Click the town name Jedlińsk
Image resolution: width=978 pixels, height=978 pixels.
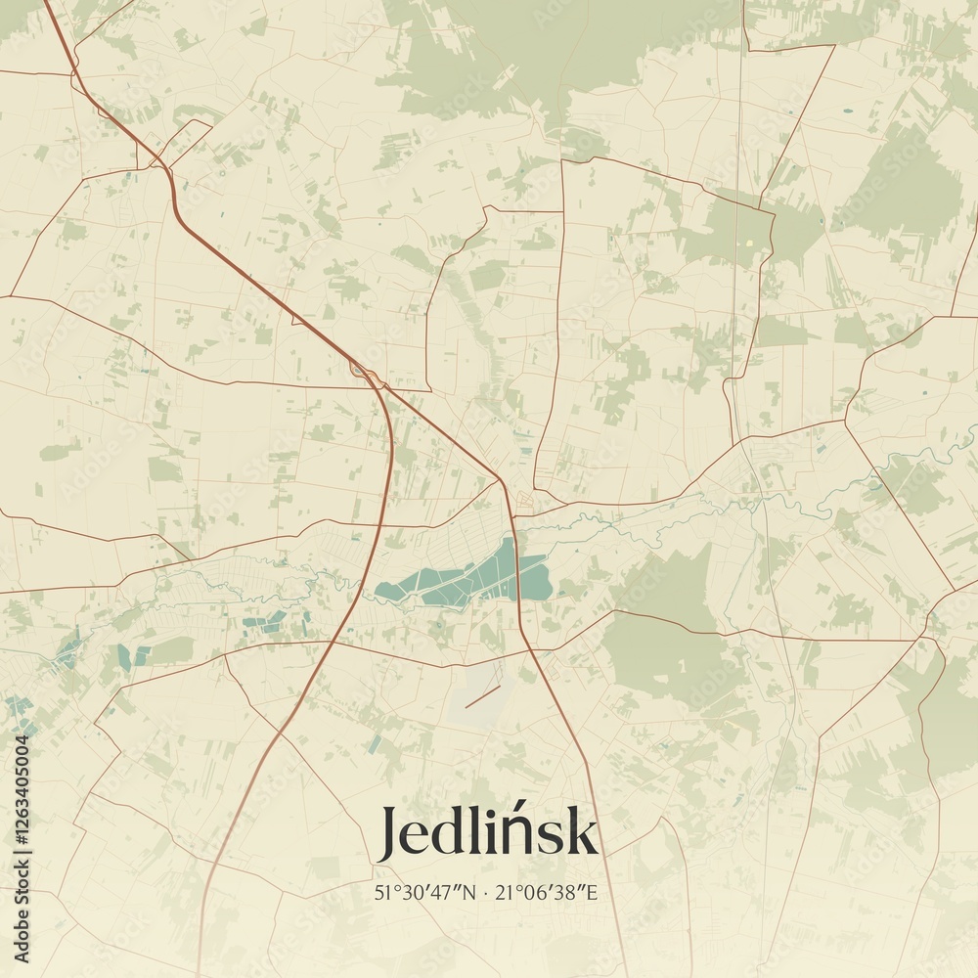click(x=487, y=832)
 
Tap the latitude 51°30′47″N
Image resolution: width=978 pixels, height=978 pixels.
click(x=423, y=892)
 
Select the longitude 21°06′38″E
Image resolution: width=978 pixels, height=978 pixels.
click(x=547, y=892)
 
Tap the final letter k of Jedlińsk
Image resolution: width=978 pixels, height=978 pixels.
click(x=583, y=832)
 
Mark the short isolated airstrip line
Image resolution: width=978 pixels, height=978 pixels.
click(x=482, y=696)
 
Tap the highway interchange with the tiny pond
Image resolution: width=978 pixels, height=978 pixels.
click(x=363, y=371)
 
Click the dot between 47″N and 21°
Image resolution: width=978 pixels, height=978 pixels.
click(x=485, y=893)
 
